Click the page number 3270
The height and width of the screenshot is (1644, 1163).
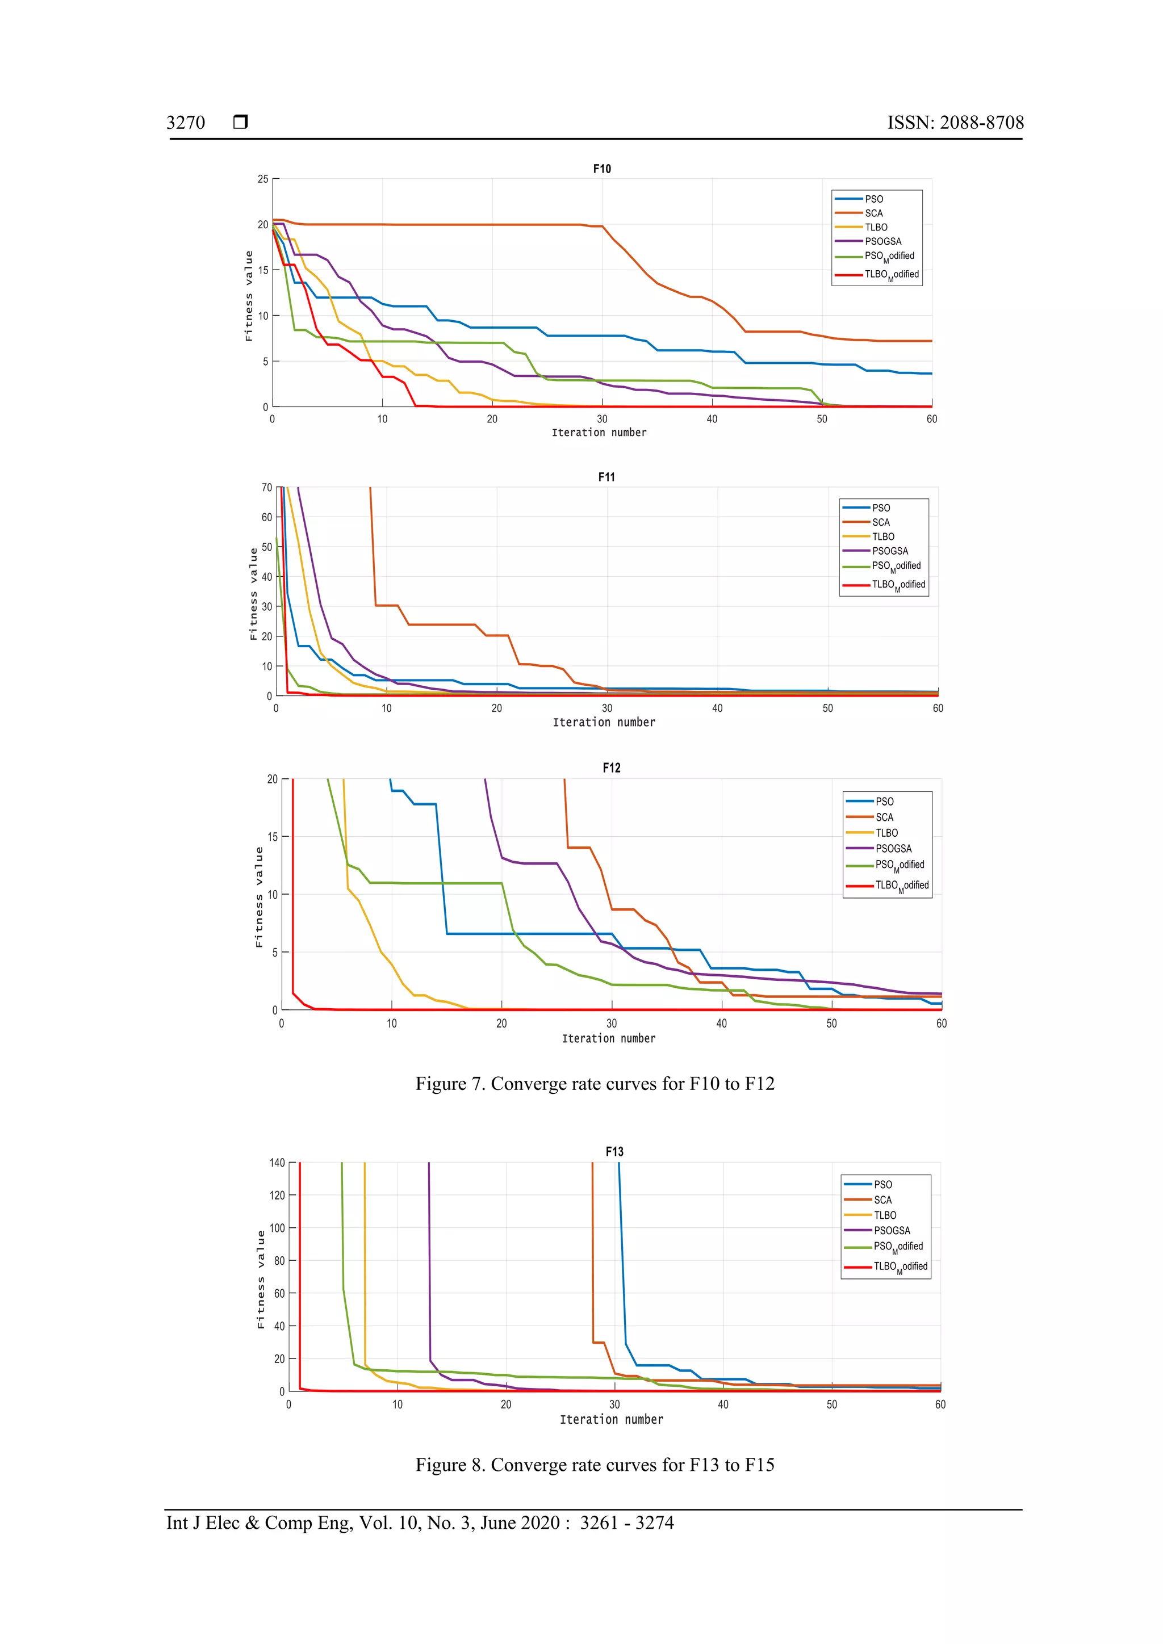click(186, 123)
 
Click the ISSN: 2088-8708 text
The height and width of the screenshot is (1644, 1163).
click(955, 123)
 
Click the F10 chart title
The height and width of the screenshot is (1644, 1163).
click(601, 169)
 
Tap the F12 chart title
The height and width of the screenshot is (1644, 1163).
click(611, 768)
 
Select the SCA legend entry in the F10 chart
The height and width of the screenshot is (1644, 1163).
click(874, 213)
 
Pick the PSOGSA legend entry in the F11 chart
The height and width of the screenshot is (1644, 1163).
click(889, 551)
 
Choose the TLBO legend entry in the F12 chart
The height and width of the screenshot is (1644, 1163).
click(886, 833)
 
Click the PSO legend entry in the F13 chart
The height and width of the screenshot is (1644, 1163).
click(882, 1184)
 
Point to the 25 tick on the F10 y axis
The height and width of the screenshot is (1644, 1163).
click(263, 179)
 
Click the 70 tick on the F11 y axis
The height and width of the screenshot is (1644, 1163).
click(266, 488)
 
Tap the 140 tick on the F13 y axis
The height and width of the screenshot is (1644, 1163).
click(277, 1163)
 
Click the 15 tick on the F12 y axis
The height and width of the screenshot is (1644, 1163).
click(272, 836)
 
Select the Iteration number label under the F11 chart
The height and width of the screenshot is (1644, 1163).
click(604, 723)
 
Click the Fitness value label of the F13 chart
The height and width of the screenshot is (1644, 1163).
click(261, 1279)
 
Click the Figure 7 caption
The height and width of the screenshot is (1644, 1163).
click(595, 1083)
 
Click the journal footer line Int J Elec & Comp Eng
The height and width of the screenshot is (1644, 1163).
click(420, 1523)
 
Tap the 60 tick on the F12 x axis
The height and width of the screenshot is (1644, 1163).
click(941, 1023)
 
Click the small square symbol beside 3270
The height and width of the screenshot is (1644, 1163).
click(241, 121)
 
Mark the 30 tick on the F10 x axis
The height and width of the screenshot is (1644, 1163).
click(601, 419)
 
